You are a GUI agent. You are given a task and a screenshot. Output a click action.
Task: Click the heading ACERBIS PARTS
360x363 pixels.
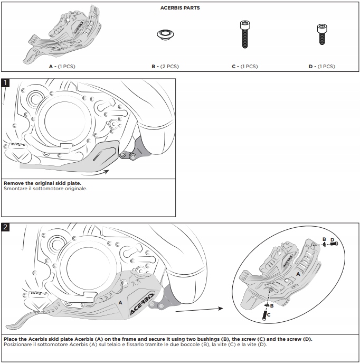click(180, 8)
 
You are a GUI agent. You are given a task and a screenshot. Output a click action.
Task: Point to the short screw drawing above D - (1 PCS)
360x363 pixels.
click(320, 34)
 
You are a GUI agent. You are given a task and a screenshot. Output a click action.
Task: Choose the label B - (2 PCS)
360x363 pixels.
click(165, 67)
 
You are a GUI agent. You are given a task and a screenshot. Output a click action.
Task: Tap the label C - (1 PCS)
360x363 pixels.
click(244, 67)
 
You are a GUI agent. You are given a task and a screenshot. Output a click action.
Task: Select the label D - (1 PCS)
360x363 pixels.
click(321, 67)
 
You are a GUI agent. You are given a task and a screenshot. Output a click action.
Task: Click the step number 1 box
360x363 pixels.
click(5, 83)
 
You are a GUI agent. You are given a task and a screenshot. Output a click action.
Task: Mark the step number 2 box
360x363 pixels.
click(5, 227)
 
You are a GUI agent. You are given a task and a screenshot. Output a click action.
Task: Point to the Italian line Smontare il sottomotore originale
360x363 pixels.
click(45, 188)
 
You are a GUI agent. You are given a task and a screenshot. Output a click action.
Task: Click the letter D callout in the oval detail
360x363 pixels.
click(332, 240)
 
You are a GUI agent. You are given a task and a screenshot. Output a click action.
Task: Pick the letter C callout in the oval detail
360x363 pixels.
click(269, 314)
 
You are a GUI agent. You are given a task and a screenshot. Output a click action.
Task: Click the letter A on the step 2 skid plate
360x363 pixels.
click(120, 302)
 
